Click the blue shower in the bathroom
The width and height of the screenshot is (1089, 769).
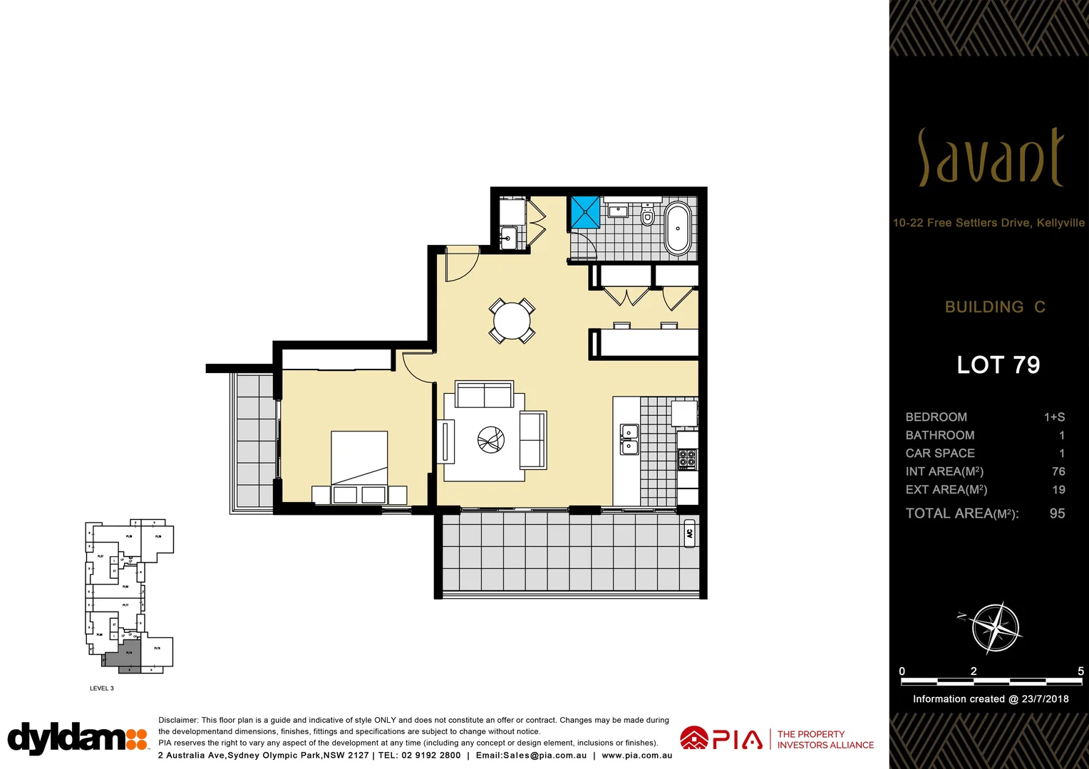click(x=586, y=212)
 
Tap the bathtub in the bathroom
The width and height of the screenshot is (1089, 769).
click(x=678, y=229)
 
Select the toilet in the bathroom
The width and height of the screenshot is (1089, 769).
click(x=647, y=216)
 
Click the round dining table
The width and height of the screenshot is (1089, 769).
click(x=512, y=321)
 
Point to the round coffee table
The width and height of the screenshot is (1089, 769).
click(x=490, y=439)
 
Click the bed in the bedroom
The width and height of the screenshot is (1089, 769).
click(x=359, y=459)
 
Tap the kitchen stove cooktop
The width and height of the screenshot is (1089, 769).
click(x=687, y=459)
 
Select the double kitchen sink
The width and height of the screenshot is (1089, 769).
click(x=629, y=439)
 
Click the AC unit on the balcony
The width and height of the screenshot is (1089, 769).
click(x=689, y=533)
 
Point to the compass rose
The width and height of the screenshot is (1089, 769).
click(x=996, y=628)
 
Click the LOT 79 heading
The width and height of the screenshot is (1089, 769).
click(x=998, y=365)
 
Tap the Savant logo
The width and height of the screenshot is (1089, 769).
click(x=991, y=158)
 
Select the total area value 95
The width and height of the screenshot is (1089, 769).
click(x=1057, y=513)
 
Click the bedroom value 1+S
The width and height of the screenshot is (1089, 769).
click(x=1054, y=417)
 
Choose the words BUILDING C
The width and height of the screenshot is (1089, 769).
click(x=995, y=307)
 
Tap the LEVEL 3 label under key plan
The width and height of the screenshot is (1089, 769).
click(x=102, y=689)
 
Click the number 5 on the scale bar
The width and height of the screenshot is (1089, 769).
click(x=1080, y=671)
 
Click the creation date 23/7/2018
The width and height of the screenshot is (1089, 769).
click(x=1045, y=699)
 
